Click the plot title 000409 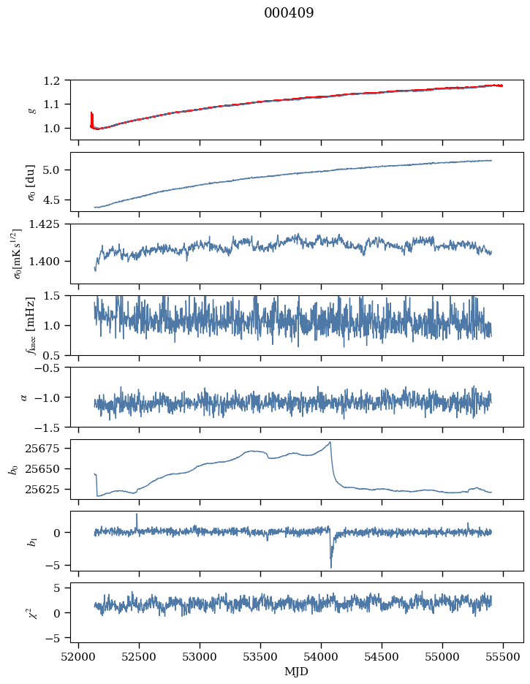coord(289,13)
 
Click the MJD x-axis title coord(297,671)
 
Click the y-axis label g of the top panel coord(31,110)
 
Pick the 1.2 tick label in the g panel coord(57,80)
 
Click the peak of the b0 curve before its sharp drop coord(330,442)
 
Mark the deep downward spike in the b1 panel coord(330,566)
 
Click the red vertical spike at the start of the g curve coord(91,117)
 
